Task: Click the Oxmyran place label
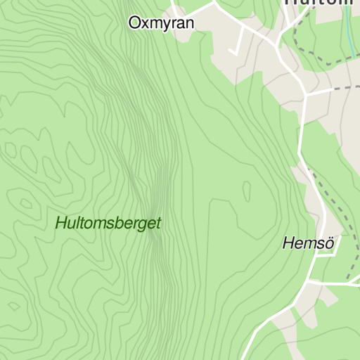[161, 22]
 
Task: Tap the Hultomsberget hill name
[108, 224]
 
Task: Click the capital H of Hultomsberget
[60, 224]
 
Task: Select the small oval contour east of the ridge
[247, 191]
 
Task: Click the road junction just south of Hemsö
[310, 283]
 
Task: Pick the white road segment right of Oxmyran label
[204, 12]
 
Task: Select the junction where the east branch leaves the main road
[306, 94]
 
